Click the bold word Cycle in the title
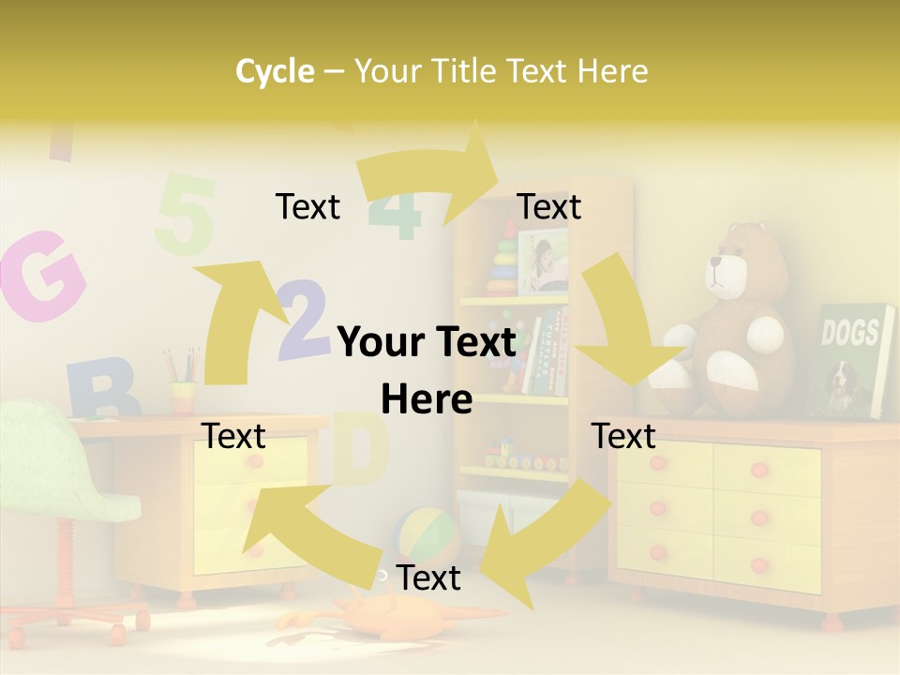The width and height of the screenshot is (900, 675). coord(275,71)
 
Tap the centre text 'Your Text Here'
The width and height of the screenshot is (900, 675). coord(427,370)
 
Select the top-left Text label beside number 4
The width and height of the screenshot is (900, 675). coord(307,206)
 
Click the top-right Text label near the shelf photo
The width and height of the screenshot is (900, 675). coord(549,206)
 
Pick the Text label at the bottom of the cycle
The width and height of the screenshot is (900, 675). coord(427,577)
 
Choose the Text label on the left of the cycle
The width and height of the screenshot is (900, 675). coord(233,436)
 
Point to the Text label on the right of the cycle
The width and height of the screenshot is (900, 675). coord(623,436)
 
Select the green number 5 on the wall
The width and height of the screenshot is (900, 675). coord(185,215)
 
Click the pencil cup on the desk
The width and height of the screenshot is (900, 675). coord(183,396)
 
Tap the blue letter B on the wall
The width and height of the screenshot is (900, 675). coord(101,389)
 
